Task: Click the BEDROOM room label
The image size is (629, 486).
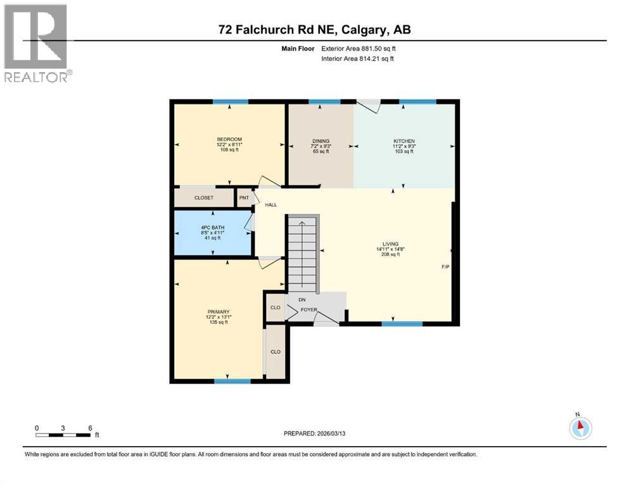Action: point(229,139)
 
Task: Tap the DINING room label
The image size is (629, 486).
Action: point(321,141)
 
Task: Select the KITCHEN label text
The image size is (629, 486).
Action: point(403,141)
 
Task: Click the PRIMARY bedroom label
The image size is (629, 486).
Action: point(217,311)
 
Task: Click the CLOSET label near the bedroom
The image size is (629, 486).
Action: point(203,198)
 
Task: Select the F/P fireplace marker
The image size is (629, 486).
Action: point(445,266)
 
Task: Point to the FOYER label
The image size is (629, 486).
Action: point(308,309)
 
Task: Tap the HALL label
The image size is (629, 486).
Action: point(271,205)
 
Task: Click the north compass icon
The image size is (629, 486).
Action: point(580,428)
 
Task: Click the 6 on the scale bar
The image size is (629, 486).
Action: point(90,428)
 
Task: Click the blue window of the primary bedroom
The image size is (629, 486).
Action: point(232,381)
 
